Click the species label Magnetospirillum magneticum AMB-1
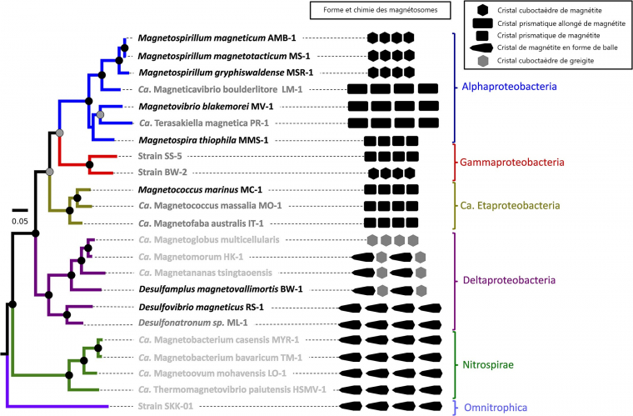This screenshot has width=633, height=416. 217,38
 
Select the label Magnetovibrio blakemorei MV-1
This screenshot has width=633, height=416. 206,107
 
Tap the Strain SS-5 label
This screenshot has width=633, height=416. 160,156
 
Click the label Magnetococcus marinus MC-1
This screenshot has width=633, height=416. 200,190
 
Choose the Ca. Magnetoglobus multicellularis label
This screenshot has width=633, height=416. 209,240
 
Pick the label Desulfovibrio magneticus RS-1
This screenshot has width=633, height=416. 201,308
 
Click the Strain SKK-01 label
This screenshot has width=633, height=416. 166,406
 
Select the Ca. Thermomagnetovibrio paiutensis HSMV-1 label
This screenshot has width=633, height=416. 232,390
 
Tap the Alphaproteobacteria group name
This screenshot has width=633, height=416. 509,87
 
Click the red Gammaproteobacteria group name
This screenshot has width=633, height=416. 512,163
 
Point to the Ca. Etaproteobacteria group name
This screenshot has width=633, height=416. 510,206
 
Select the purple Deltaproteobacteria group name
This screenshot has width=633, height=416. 509,280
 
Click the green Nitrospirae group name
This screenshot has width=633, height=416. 488,365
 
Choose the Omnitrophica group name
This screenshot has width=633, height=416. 496,408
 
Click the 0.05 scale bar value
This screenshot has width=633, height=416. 20,221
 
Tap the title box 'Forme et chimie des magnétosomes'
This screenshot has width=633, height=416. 381,10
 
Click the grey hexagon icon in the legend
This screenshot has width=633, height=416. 483,61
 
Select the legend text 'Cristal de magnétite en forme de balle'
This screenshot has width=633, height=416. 557,48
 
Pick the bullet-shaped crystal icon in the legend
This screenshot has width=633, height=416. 481,48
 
